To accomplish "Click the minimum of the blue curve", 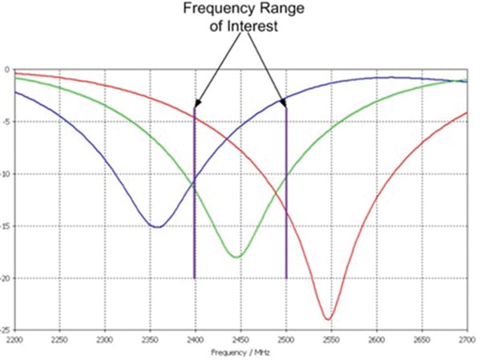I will pos(158,227).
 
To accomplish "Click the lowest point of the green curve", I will pos(236,257).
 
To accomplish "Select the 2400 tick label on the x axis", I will pos(195,340).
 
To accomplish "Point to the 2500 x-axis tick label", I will pos(286,340).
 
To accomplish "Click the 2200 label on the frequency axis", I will pos(14,340).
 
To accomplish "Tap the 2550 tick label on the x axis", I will pos(332,340).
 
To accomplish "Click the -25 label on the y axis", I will pos(6,330).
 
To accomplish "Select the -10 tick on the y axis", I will pos(6,174).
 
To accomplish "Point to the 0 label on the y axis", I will pos(7,70).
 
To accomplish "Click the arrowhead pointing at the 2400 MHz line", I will pos(197,102).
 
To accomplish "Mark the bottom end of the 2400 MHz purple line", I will pos(194,277).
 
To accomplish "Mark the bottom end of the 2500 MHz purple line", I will pos(286,277).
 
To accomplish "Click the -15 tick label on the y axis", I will pos(6,226).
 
